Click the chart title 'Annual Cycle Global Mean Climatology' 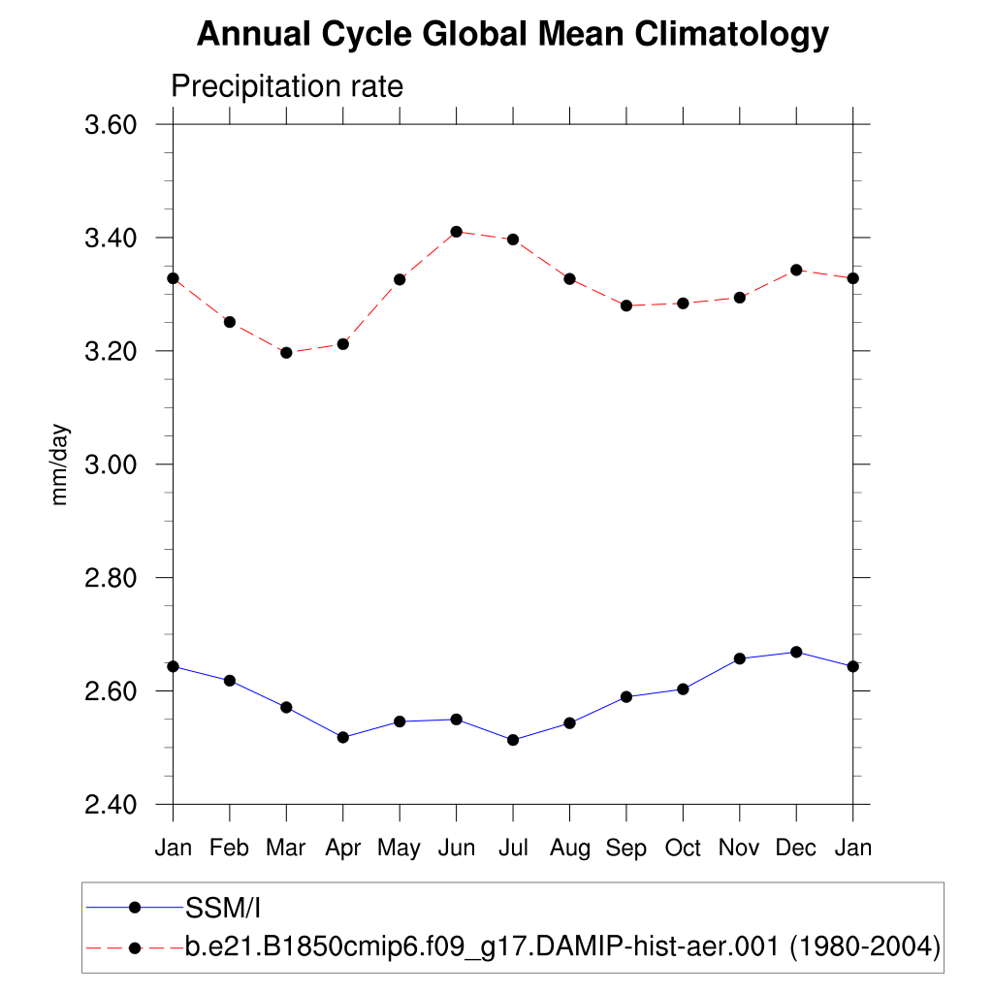point(513,35)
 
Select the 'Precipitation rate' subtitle point(286,86)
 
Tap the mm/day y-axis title point(60,464)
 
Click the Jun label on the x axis point(456,849)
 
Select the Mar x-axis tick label point(286,849)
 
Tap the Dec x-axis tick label point(796,849)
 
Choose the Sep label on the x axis point(626,849)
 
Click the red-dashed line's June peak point point(456,232)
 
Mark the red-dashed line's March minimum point point(286,353)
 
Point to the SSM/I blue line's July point point(513,740)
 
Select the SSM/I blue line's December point point(796,652)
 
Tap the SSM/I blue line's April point point(342,737)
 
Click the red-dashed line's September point point(626,305)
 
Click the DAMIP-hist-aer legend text point(562,946)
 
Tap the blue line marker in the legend point(135,908)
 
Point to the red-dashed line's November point point(740,298)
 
